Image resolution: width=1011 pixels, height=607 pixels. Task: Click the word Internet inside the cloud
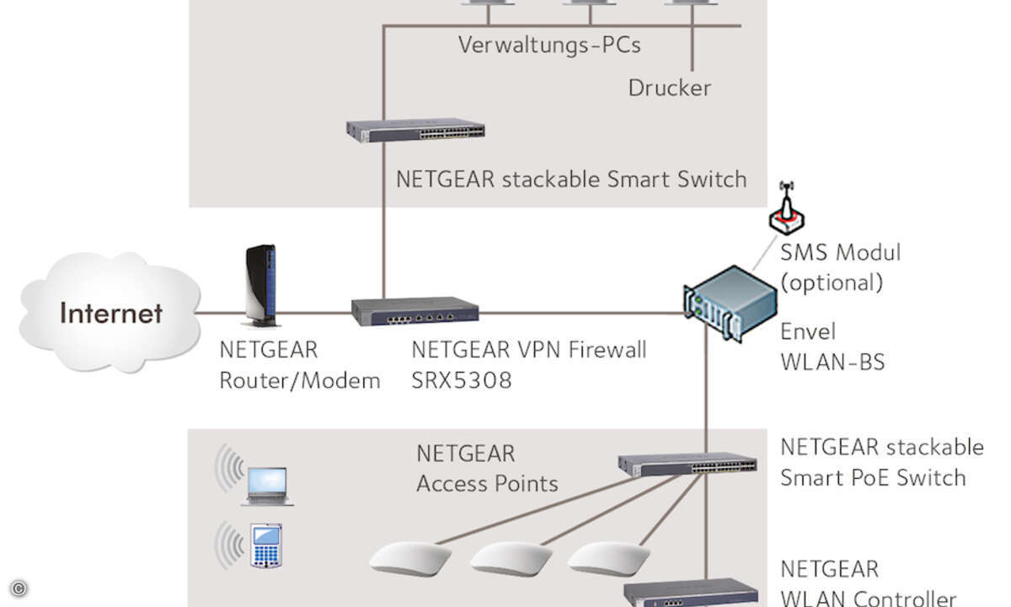pyautogui.click(x=111, y=313)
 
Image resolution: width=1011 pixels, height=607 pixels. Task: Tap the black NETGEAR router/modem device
pyautogui.click(x=261, y=286)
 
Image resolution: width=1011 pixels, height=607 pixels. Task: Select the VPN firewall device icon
pyautogui.click(x=415, y=311)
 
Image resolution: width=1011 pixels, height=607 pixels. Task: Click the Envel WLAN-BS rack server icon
pyautogui.click(x=730, y=303)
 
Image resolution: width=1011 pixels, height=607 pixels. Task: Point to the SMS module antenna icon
pyautogui.click(x=787, y=208)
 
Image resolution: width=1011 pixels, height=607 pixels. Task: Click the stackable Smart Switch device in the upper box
pyautogui.click(x=415, y=131)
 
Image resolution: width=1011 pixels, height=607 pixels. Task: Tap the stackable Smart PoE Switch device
pyautogui.click(x=687, y=464)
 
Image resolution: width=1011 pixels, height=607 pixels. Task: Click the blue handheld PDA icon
pyautogui.click(x=266, y=545)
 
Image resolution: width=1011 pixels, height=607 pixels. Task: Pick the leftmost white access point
pyautogui.click(x=409, y=559)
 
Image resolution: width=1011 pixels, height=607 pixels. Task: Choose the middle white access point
pyautogui.click(x=511, y=559)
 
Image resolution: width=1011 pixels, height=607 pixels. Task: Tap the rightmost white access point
pyautogui.click(x=608, y=559)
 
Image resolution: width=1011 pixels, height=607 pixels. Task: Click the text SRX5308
pyautogui.click(x=462, y=380)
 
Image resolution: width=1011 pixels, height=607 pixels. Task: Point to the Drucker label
pyautogui.click(x=669, y=88)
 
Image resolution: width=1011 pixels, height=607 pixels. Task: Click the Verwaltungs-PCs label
pyautogui.click(x=549, y=45)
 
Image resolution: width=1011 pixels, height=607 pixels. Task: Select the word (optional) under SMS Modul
pyautogui.click(x=832, y=282)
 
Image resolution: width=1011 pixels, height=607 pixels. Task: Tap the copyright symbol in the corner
pyautogui.click(x=19, y=588)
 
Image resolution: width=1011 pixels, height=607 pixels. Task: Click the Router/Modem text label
pyautogui.click(x=300, y=380)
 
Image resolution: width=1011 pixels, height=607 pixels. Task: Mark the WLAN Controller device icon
pyautogui.click(x=691, y=594)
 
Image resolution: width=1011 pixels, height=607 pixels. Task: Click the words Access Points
pyautogui.click(x=487, y=484)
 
